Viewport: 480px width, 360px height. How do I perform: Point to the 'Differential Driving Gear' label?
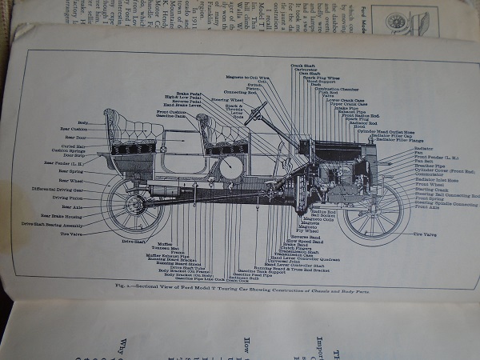point(61,190)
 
